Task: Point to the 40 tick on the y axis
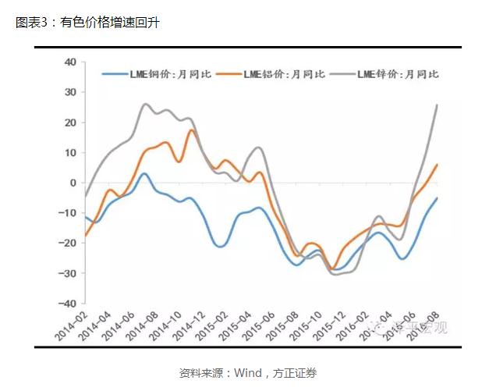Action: tap(70, 62)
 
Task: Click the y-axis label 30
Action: tap(70, 92)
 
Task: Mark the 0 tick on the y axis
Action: tap(73, 183)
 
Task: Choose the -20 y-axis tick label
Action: tap(69, 243)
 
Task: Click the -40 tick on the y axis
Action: tap(69, 304)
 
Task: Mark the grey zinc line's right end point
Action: tap(436, 105)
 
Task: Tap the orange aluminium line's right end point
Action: tap(436, 165)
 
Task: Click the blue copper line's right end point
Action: tap(436, 198)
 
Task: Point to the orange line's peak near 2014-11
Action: tap(192, 130)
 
